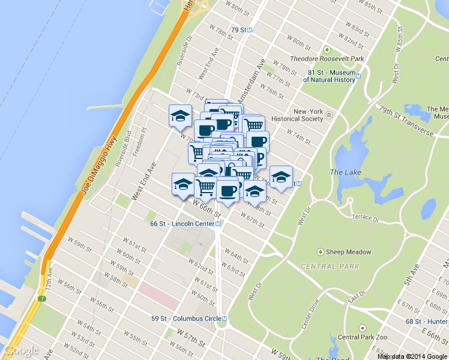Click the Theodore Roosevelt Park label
(x=327, y=59)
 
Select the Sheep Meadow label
(x=348, y=252)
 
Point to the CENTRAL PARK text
(x=330, y=266)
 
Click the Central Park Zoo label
(x=360, y=337)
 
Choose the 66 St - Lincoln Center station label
(x=182, y=224)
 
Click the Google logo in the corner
(x=21, y=350)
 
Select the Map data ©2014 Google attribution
(x=412, y=356)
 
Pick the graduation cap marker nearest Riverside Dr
(x=180, y=115)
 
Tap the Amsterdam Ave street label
(x=252, y=80)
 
